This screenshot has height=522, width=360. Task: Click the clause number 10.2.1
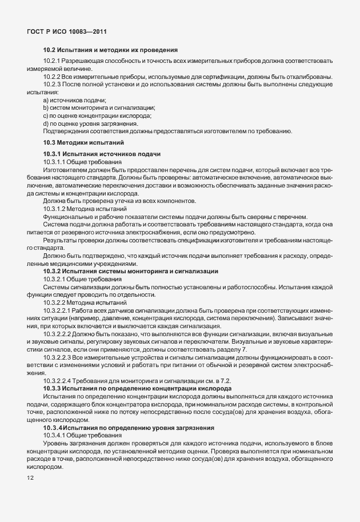point(53,61)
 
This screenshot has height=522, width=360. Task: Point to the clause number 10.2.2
point(53,77)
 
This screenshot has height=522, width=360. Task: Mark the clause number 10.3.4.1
point(56,436)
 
